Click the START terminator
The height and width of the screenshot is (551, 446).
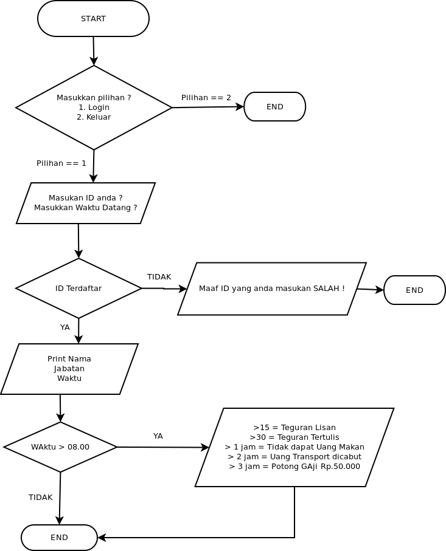[93, 19]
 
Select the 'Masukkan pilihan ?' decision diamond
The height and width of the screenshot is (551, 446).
[94, 108]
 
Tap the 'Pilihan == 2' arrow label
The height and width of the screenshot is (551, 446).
[206, 98]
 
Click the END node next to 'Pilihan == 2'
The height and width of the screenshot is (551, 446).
[274, 107]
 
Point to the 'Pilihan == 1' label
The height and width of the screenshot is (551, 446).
[61, 163]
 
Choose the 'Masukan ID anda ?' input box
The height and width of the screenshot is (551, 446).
[86, 203]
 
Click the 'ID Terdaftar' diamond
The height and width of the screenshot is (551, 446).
[78, 289]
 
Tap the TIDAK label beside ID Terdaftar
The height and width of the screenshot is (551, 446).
[159, 277]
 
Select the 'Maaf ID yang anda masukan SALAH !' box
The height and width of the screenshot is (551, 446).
[271, 289]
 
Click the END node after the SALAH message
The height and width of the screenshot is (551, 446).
[414, 290]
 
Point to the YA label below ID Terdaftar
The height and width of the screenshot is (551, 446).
[64, 327]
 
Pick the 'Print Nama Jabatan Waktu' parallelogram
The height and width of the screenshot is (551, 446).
[69, 369]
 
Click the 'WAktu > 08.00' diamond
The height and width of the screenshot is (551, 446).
[60, 447]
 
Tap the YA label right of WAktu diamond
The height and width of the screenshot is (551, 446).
[158, 436]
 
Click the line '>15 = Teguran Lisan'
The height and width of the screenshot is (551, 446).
[294, 428]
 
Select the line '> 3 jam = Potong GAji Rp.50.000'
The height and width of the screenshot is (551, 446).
[294, 467]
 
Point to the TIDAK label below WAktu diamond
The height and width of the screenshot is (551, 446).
[40, 498]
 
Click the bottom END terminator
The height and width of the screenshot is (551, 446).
[59, 538]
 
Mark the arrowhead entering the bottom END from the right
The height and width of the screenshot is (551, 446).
[101, 538]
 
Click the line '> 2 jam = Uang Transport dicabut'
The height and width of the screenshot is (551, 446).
[294, 457]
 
